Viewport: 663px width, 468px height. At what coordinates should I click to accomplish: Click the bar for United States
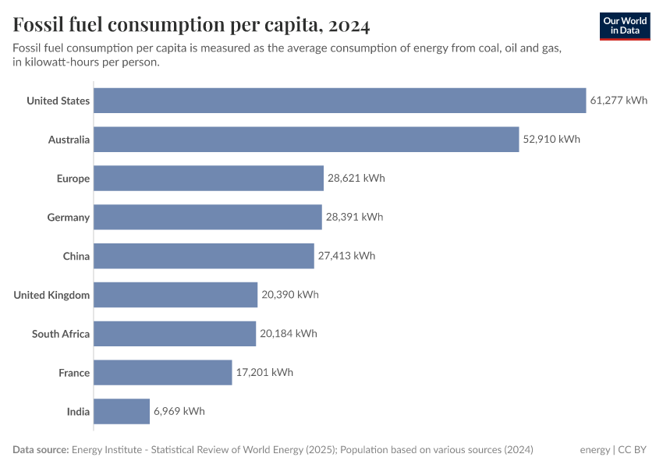tap(339, 101)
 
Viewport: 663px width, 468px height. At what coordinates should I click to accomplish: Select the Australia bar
tap(306, 140)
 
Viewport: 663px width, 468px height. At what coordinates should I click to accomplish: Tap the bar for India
tap(122, 412)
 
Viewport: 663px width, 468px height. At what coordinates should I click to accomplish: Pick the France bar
tap(163, 373)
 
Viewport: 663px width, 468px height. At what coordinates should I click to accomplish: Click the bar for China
tap(204, 256)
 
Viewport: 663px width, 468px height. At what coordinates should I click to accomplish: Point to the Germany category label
tap(69, 218)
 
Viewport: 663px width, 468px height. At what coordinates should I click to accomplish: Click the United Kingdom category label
tap(51, 295)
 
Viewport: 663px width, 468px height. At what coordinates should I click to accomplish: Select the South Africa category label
tap(61, 334)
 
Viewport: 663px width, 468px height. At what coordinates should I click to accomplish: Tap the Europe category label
tap(73, 179)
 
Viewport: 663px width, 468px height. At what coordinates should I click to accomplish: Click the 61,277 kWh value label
tap(619, 101)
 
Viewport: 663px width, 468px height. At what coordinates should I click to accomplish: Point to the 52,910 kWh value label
tap(551, 140)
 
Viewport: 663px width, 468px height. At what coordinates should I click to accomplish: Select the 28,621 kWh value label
tap(356, 179)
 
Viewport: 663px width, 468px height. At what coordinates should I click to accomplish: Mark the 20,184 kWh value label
tap(289, 334)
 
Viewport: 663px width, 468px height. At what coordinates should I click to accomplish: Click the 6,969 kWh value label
tap(179, 412)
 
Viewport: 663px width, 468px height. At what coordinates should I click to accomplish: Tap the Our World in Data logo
tap(625, 26)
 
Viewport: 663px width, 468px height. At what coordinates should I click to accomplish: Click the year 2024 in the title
tap(349, 26)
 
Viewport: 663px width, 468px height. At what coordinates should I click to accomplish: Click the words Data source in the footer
tap(41, 450)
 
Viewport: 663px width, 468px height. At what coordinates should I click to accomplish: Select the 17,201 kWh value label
tap(264, 373)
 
